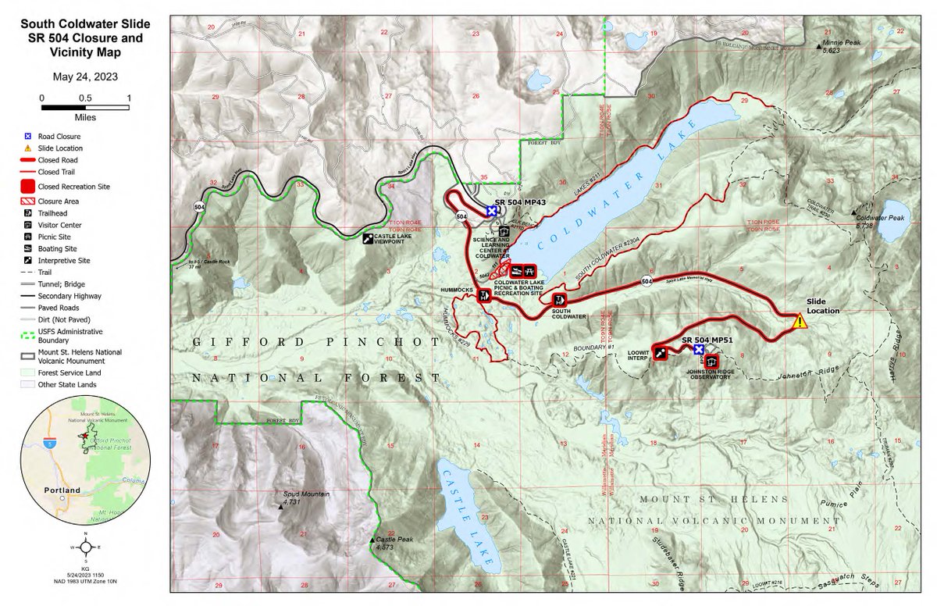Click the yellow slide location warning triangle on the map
click(799, 321)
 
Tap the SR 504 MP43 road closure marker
click(491, 211)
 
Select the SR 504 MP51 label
click(707, 340)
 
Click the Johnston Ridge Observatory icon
click(711, 362)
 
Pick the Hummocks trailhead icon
click(485, 295)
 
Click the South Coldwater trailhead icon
click(559, 300)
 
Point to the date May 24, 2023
click(85, 77)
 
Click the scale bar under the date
click(85, 108)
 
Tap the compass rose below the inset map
click(85, 547)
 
